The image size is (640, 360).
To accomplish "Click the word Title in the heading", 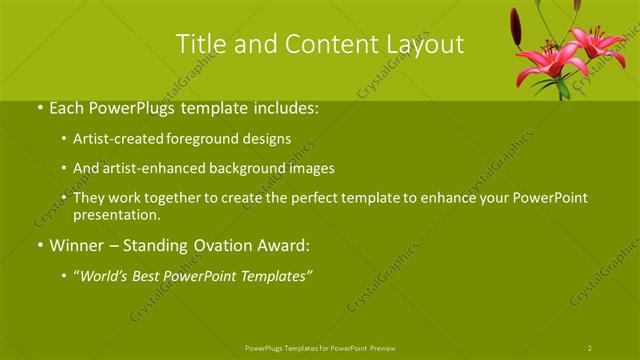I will click(x=199, y=44).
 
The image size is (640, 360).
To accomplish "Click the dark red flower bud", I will click(x=516, y=27).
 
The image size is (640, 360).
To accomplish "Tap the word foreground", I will click(x=214, y=139).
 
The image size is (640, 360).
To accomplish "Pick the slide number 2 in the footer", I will click(x=590, y=347).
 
